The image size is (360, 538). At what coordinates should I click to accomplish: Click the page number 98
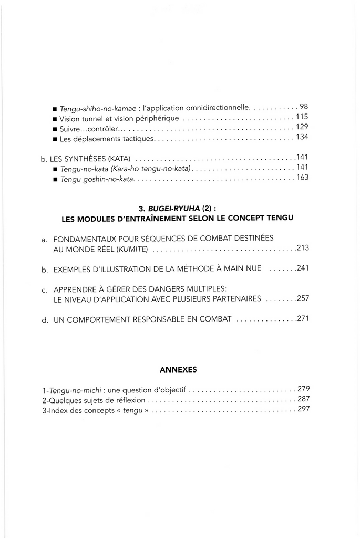click(303, 107)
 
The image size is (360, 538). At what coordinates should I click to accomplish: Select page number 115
click(302, 117)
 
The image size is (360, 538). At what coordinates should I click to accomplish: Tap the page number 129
click(302, 127)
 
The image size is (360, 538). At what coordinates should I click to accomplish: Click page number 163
click(302, 178)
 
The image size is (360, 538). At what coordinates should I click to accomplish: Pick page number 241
click(302, 268)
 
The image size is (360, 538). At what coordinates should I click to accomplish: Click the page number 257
click(302, 298)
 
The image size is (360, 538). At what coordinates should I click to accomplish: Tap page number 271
click(302, 319)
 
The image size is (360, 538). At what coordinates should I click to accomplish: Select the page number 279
click(303, 390)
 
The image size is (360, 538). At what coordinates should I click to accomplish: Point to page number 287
click(303, 400)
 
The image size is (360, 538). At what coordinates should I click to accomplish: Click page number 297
click(303, 410)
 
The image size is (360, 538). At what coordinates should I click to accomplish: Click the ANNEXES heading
click(178, 370)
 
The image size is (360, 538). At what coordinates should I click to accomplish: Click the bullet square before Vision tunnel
click(55, 119)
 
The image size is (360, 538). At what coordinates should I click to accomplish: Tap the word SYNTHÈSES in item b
click(85, 158)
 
